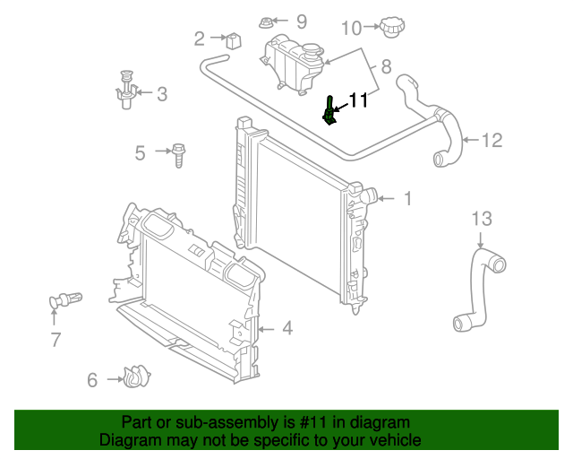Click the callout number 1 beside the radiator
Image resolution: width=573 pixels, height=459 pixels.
(x=407, y=198)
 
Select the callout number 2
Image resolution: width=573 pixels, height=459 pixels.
(x=200, y=38)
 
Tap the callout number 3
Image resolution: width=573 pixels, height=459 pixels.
(x=162, y=93)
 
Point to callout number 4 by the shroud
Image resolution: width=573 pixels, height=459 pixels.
(x=286, y=329)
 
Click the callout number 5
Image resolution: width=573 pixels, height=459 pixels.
(x=141, y=152)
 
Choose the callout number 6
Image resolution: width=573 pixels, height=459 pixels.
(x=92, y=380)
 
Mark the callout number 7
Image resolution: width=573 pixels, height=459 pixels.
(x=56, y=340)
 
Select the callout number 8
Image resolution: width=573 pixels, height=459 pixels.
(x=387, y=66)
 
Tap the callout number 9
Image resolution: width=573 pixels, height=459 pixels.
(x=301, y=21)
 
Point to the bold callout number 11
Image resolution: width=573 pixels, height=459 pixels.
(x=358, y=100)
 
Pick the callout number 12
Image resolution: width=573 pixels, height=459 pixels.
(x=492, y=140)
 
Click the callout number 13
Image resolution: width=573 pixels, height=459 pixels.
(x=482, y=219)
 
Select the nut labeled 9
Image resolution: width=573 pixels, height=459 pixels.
(x=267, y=22)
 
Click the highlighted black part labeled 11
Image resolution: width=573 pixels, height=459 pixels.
(x=329, y=113)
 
